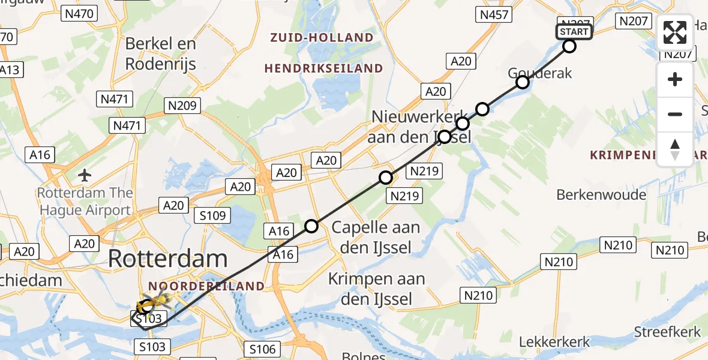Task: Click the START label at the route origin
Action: point(574,32)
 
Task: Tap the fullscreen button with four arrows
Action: point(675,32)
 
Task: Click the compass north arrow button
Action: point(675,149)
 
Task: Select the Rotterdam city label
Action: point(168,259)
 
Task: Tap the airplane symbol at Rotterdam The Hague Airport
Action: point(85,176)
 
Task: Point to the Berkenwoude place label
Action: point(601,195)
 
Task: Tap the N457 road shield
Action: point(493,16)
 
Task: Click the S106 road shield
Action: point(262,349)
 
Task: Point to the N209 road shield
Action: point(182,106)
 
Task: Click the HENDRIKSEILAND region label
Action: point(323,68)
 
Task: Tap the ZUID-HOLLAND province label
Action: point(322,38)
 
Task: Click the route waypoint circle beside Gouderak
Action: point(523,82)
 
